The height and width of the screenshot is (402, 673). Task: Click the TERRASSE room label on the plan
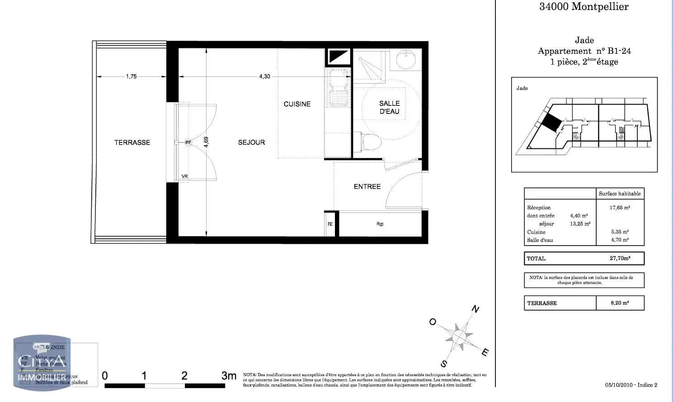132,142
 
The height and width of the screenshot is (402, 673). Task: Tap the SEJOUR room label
251,142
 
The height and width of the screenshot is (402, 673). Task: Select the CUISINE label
297,104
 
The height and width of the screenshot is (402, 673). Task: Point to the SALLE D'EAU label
389,107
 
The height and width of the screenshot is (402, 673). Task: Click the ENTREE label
367,186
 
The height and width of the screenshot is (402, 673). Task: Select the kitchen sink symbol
338,89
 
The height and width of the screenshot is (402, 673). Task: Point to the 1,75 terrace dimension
131,76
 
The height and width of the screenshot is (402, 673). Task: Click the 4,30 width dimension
264,76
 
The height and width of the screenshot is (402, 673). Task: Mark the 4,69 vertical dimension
206,142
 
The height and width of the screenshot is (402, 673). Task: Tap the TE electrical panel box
330,224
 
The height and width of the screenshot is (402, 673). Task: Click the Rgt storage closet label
380,224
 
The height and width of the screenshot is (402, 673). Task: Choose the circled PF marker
188,142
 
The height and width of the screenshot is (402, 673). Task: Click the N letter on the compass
475,309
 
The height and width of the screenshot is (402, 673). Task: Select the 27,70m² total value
620,258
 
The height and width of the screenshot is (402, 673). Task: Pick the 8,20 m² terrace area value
619,303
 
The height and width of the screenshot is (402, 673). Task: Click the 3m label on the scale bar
229,376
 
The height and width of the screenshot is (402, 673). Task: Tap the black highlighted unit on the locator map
551,122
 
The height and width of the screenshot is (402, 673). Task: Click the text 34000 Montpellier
584,7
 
